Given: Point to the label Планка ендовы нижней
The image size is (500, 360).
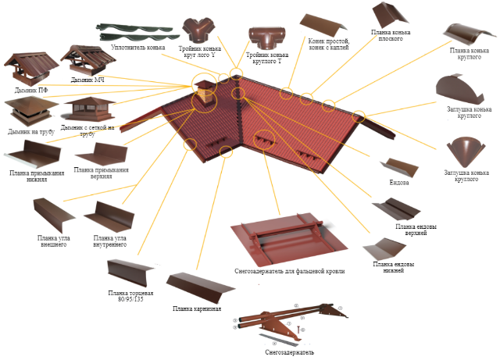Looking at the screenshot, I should (x=393, y=268).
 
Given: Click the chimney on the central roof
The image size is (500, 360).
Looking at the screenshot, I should (x=202, y=92).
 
